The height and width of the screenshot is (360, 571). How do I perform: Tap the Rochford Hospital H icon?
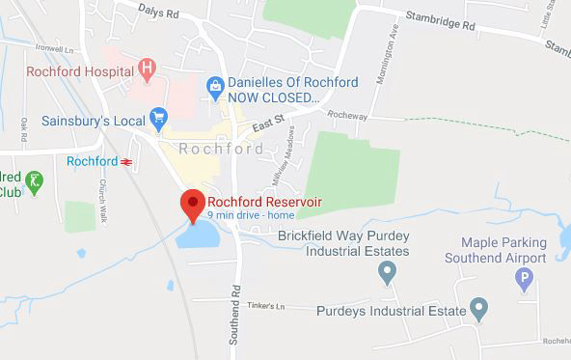pos(148,68)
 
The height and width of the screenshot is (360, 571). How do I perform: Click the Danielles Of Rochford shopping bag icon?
pos(215,90)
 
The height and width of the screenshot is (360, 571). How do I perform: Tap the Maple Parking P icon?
pos(525,281)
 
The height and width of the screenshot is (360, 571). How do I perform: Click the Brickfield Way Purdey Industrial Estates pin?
pos(387,274)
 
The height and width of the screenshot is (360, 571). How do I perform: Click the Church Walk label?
pos(101,199)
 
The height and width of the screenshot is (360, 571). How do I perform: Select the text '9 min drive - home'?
pos(251,214)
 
